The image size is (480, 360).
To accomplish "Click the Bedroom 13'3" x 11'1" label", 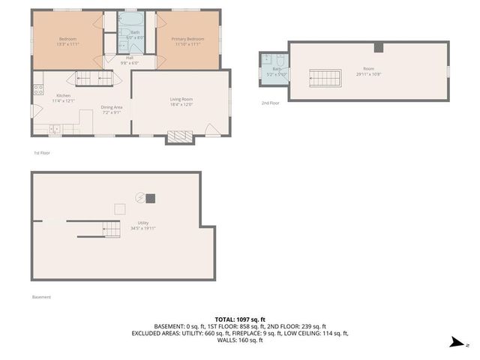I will coord(67,42).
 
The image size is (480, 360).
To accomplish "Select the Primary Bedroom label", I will coord(187,42).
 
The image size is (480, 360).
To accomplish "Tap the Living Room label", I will coord(181,102).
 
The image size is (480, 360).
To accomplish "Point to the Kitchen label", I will coord(64,98).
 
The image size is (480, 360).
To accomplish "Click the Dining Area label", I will coord(112,109).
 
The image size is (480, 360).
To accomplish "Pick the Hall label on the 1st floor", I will coord(129,61).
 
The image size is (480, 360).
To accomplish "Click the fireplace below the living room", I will coord(180,136).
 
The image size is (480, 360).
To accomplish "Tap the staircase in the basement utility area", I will coord(111,229).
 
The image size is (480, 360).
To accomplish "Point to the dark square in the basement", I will coord(151,198).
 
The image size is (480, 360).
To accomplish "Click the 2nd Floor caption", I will coord(270,103).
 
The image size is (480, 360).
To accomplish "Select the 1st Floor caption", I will coord(42,153).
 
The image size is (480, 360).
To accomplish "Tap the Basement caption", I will coord(42,297).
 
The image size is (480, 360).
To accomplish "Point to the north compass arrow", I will coord(456,343).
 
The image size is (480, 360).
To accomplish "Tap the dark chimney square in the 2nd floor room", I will coord(379,49).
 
